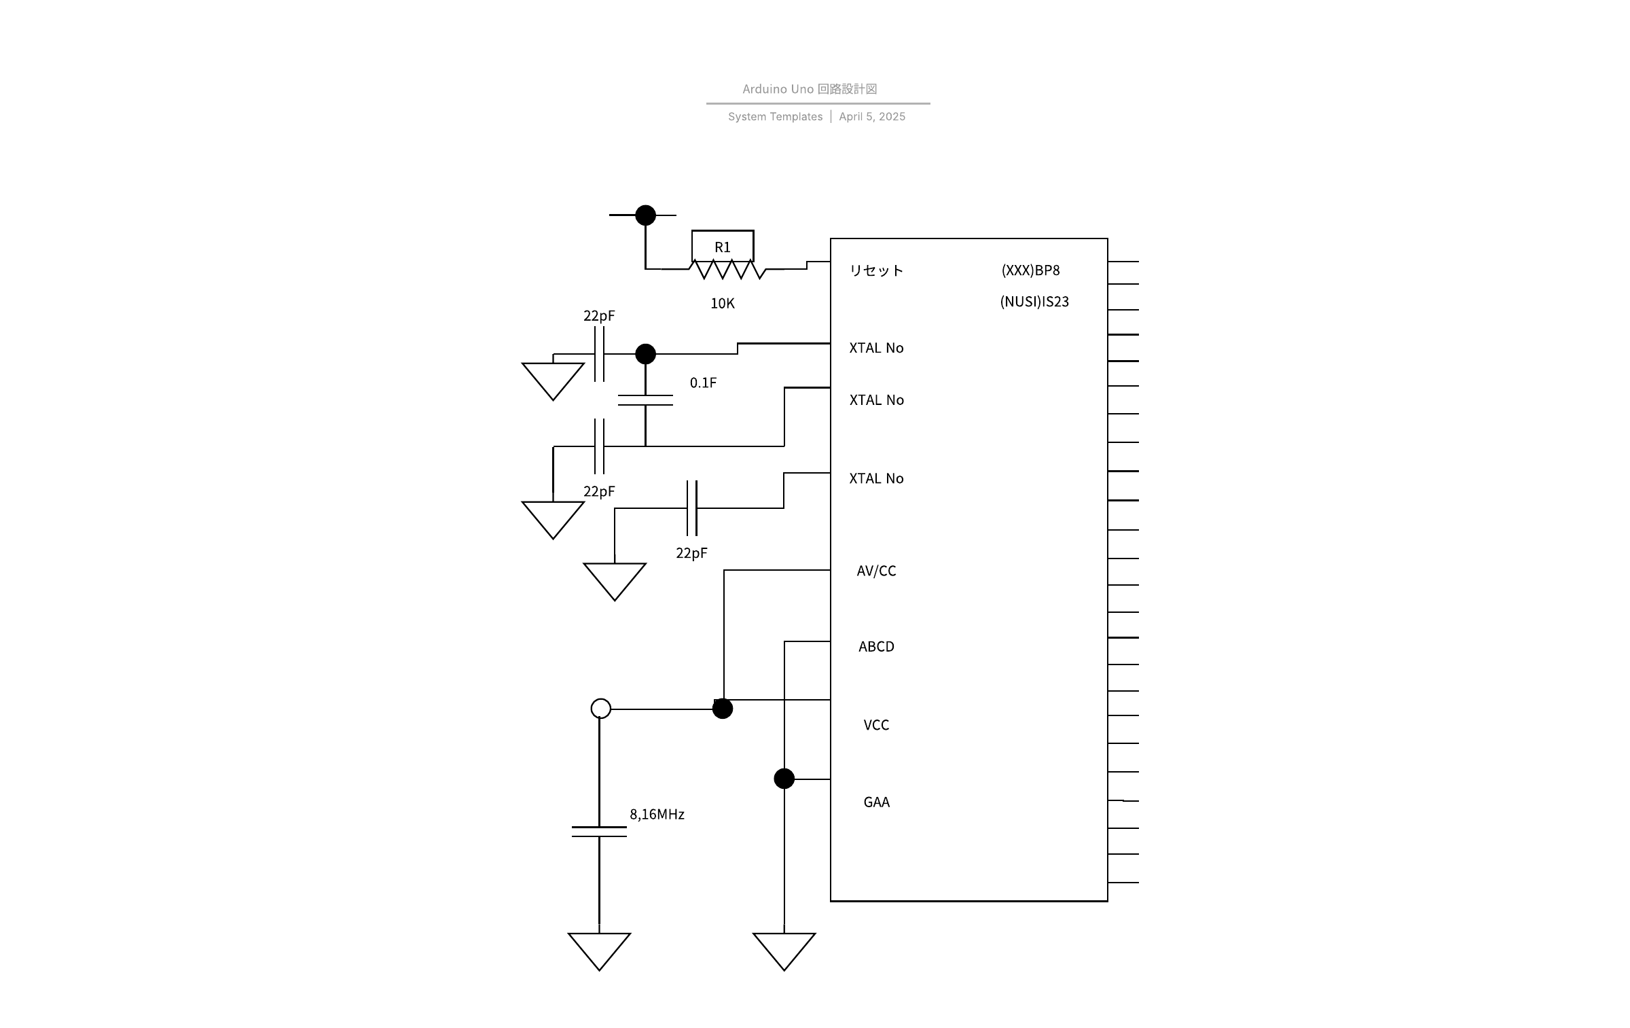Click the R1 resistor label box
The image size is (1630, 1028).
723,245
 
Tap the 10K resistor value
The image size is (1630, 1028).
723,304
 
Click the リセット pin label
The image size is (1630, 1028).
876,270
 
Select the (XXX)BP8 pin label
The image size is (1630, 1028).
1030,270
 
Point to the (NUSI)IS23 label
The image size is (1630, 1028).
1034,302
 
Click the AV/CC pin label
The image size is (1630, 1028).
876,571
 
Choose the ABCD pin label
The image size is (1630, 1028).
876,647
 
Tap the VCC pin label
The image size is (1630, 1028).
876,725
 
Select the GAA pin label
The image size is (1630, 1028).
876,802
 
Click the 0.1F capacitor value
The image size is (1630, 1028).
703,383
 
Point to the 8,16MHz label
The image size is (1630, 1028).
657,815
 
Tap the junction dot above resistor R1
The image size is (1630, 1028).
645,215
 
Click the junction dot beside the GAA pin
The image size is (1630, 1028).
784,779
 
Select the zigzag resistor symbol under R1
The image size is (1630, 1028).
728,270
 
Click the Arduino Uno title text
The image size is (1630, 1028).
810,89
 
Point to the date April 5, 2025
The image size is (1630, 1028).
872,117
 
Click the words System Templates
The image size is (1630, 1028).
775,117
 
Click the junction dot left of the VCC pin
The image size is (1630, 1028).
723,709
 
